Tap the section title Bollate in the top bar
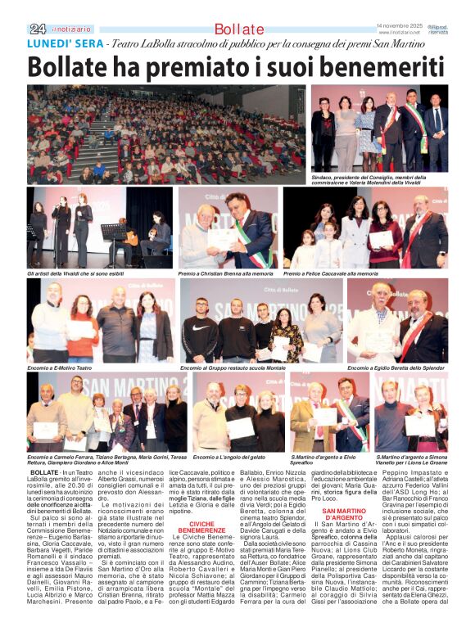click(x=237, y=29)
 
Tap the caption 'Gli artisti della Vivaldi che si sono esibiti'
click(x=84, y=273)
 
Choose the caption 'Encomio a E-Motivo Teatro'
click(x=61, y=368)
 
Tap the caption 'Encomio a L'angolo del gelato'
click(x=229, y=456)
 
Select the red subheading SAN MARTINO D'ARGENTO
click(x=340, y=514)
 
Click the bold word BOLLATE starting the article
click(x=43, y=474)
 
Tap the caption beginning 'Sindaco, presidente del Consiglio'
click(x=378, y=179)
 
